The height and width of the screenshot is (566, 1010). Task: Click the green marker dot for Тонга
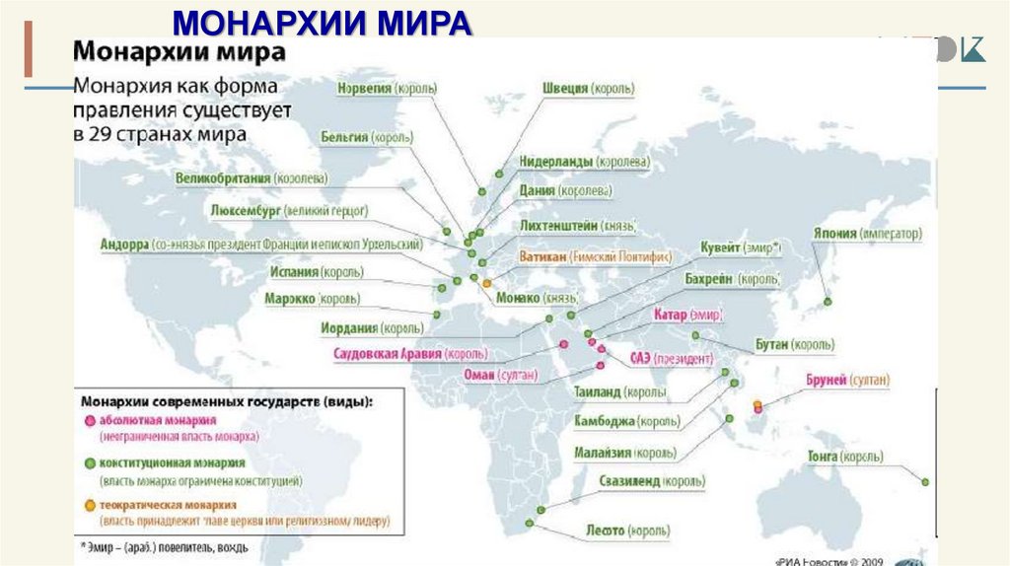point(925,482)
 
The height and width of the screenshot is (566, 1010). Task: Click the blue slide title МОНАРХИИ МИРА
point(322,22)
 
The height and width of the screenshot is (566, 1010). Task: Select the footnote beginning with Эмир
point(163,546)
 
